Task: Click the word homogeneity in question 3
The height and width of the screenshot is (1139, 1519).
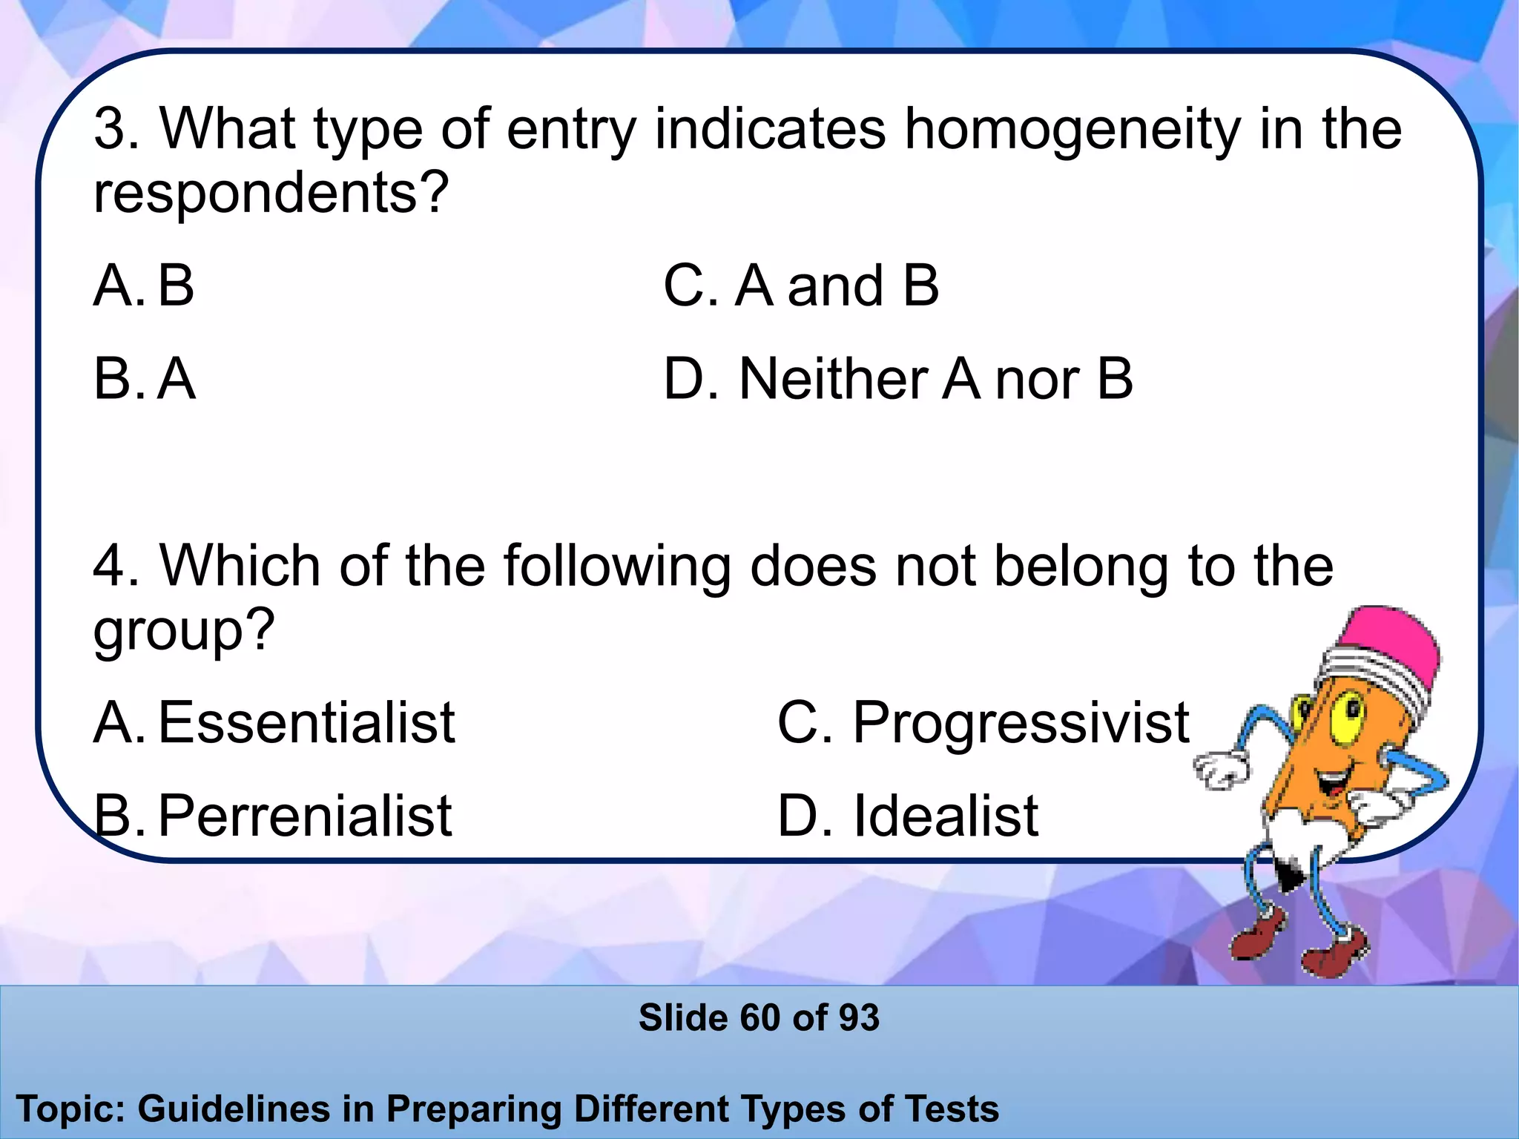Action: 1072,130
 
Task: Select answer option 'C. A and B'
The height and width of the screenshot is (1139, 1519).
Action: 801,286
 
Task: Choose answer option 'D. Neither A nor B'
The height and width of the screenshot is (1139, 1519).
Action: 898,380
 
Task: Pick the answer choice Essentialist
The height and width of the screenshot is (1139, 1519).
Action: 306,722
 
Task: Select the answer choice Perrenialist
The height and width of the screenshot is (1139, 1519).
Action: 304,816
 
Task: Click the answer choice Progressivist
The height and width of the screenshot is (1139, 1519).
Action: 1020,722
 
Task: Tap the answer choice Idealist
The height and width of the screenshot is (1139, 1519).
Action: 945,816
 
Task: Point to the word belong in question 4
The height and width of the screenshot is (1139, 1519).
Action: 1084,567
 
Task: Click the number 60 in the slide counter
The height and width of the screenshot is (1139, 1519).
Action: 760,1017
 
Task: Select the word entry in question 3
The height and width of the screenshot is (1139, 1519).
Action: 571,130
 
